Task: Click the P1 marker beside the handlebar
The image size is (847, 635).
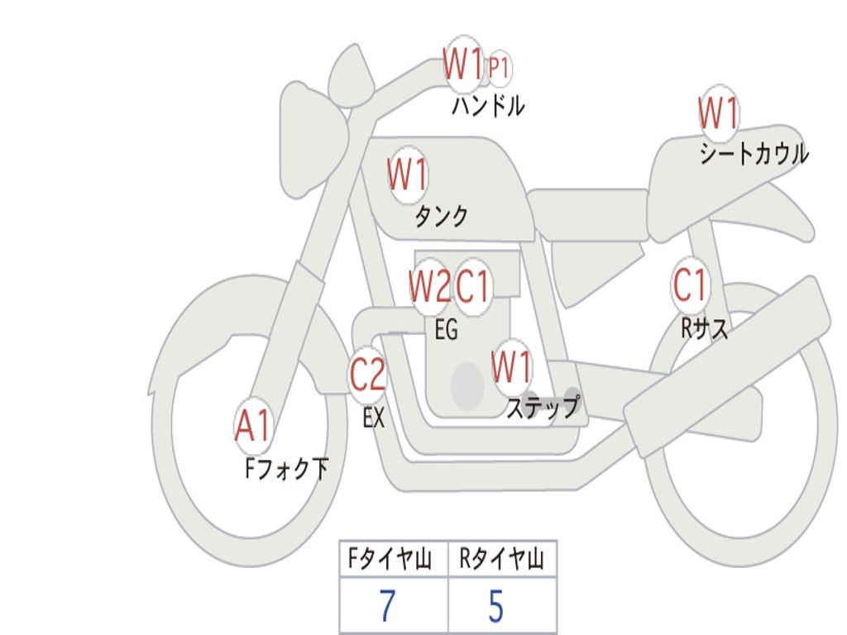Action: tap(499, 69)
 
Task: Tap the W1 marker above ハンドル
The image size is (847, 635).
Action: tap(462, 64)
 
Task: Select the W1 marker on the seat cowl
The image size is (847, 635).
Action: tap(719, 112)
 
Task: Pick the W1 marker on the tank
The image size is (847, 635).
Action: tap(407, 174)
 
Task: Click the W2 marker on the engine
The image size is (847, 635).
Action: tap(430, 286)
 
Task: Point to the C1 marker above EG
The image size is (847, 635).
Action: tap(472, 286)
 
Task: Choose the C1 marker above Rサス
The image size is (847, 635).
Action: tap(690, 284)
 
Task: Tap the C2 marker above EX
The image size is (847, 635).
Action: tap(368, 375)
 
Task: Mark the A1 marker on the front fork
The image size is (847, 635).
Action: tap(253, 426)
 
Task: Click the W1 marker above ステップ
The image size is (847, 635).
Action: tap(511, 367)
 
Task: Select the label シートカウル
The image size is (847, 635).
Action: tap(754, 153)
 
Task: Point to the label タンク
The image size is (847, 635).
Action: tap(442, 216)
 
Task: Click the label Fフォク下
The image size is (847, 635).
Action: tap(287, 468)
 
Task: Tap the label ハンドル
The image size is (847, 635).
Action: tap(488, 106)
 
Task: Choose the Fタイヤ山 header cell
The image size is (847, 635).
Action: tap(394, 558)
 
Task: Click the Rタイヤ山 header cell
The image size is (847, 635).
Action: tap(502, 558)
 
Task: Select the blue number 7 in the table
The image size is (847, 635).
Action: tap(387, 605)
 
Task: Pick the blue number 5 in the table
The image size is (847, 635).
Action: tap(496, 605)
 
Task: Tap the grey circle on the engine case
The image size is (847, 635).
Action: tap(467, 385)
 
